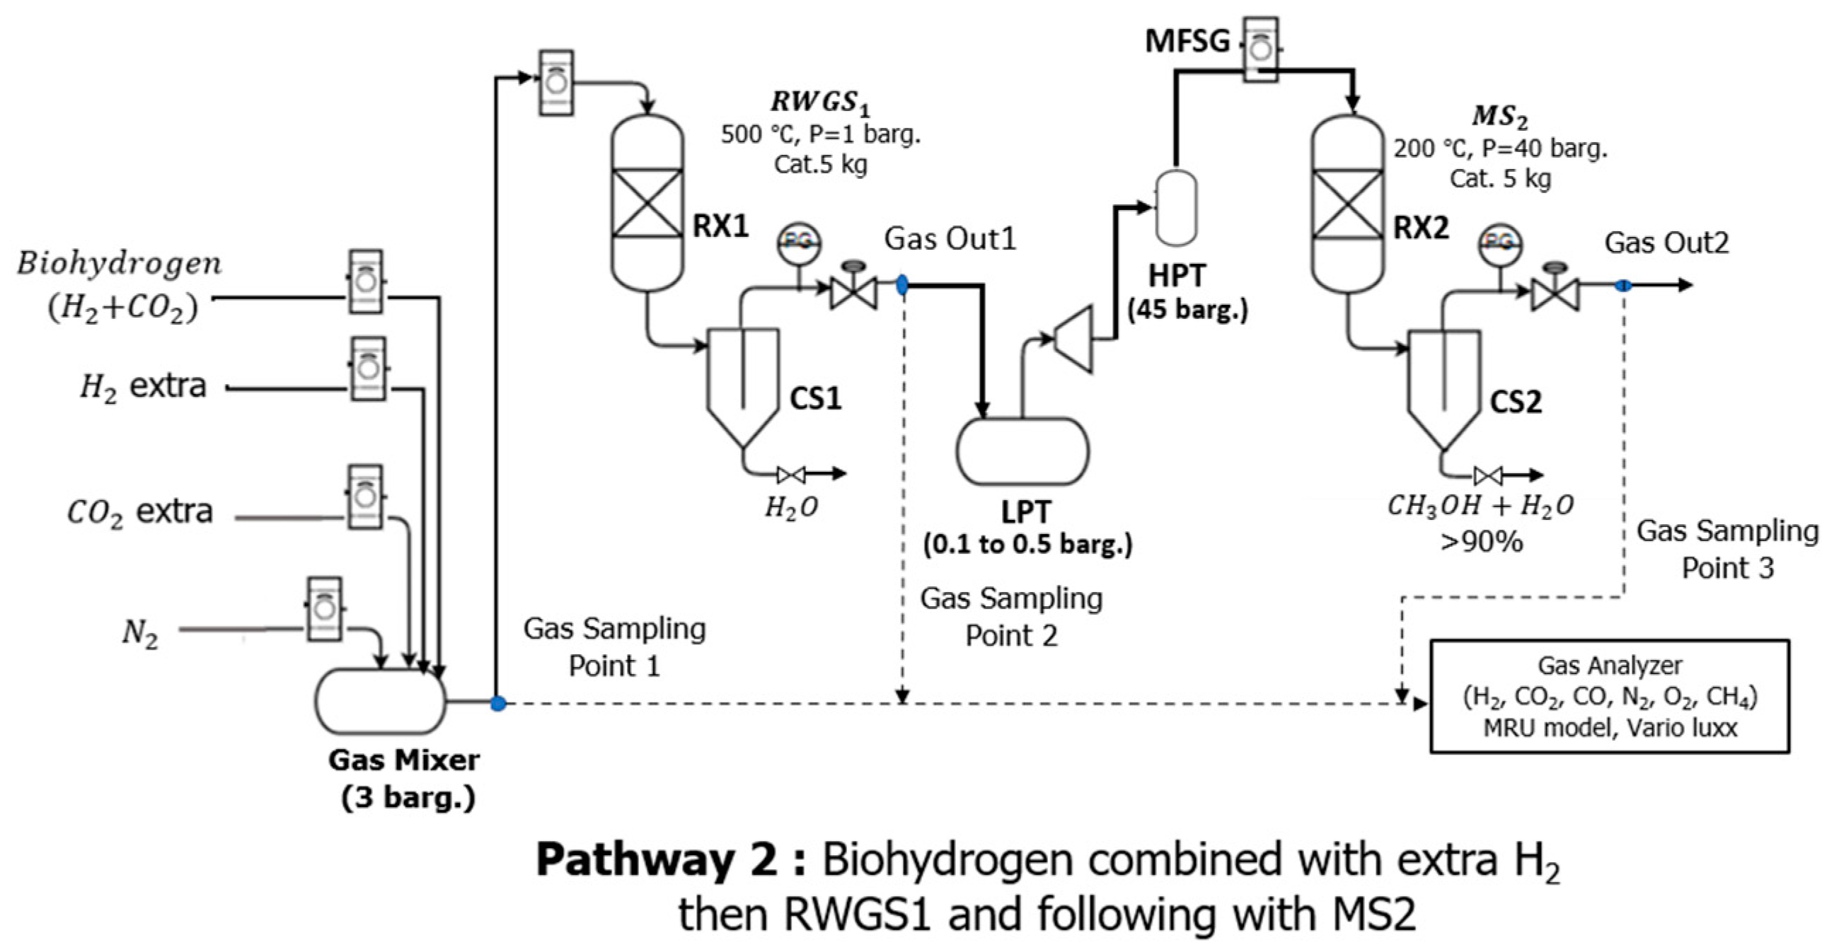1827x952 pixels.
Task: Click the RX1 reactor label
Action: [720, 227]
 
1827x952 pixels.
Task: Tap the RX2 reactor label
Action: [1422, 228]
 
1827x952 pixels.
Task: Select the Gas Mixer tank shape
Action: [380, 701]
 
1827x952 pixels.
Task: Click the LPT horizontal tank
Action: [1022, 451]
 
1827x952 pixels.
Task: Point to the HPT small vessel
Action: [1177, 208]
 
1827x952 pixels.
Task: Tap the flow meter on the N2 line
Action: [324, 609]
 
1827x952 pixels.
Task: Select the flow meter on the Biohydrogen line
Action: [366, 281]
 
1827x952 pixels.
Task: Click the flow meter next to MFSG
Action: [1261, 49]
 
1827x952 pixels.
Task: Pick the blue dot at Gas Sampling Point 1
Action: [499, 703]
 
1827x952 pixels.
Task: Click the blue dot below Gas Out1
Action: [902, 285]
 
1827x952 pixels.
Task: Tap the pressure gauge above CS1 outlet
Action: [799, 243]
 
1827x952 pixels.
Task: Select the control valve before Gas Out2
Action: [1555, 290]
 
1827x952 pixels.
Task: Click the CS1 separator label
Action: [816, 398]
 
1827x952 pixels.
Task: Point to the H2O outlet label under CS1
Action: [791, 507]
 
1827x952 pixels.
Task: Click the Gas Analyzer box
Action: [1609, 696]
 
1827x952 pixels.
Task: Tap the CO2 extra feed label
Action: [139, 512]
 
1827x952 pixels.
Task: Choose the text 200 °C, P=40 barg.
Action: [1500, 149]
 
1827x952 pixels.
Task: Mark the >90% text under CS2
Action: [1482, 542]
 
